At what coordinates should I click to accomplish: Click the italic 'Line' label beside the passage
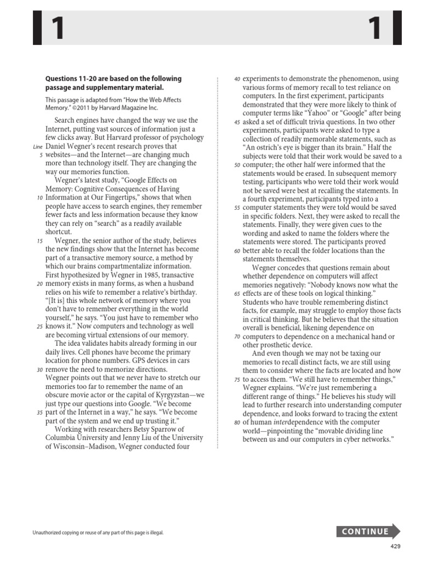[38, 147]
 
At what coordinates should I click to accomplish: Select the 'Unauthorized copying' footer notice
[99, 533]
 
